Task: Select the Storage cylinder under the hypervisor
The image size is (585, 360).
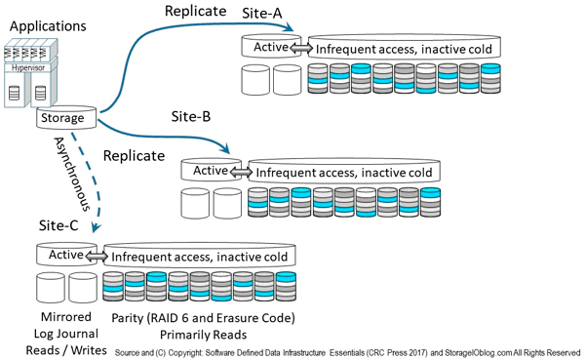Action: (x=67, y=118)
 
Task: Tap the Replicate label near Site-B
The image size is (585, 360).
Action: (x=134, y=155)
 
